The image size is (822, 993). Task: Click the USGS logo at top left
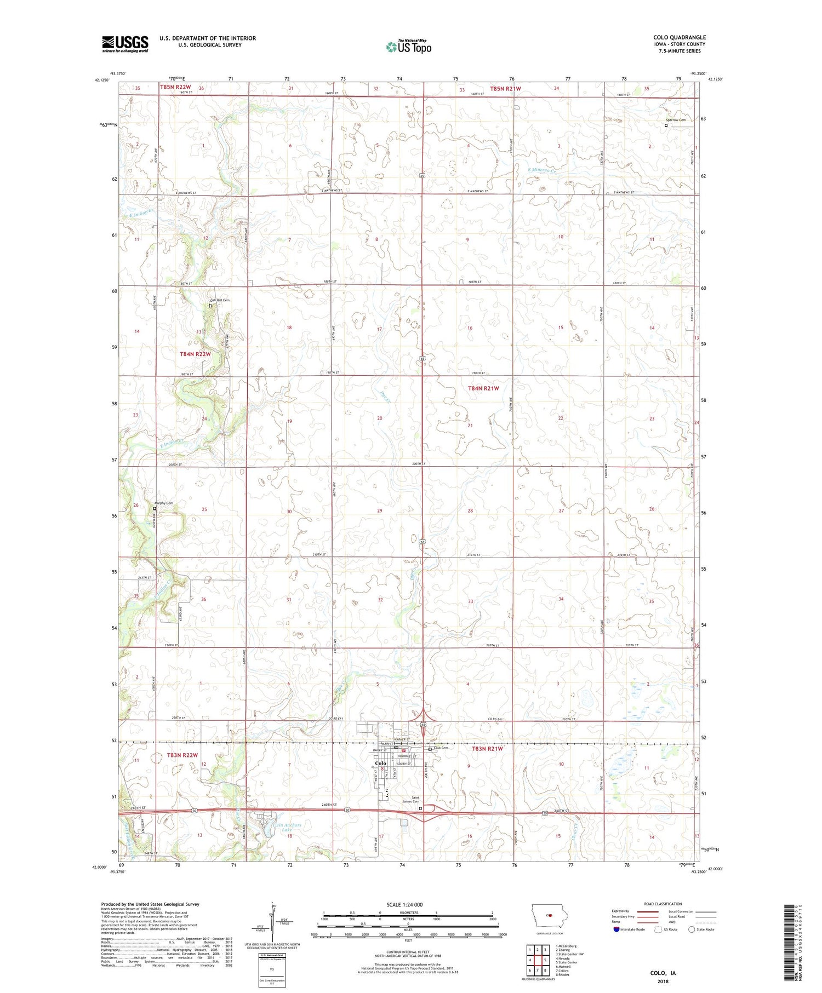[125, 44]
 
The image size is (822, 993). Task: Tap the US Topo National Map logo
[409, 47]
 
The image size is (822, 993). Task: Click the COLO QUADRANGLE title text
[679, 37]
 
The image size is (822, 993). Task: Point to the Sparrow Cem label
[676, 119]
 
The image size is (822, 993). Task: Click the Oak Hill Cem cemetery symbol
[210, 306]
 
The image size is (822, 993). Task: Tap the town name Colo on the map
[380, 763]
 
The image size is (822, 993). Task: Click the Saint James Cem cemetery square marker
[421, 808]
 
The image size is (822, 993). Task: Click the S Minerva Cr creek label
[541, 171]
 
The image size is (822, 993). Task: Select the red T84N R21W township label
[483, 388]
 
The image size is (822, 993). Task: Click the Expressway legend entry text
[621, 911]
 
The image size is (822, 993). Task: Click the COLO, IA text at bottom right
[663, 973]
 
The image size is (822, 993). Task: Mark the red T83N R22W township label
[182, 755]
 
